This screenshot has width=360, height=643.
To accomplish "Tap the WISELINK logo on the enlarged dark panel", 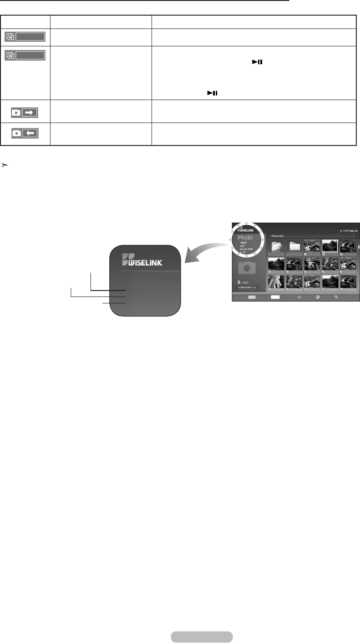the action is (x=145, y=261).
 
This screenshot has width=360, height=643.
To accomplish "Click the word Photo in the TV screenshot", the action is (x=245, y=238).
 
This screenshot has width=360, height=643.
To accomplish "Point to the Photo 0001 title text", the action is (x=278, y=235).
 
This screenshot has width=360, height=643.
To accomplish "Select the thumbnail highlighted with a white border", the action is (x=330, y=246).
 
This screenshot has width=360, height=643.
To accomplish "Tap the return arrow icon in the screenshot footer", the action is (x=336, y=297).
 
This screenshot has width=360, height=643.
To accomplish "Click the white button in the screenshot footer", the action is (x=275, y=297).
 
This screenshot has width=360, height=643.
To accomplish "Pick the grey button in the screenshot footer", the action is (x=252, y=297).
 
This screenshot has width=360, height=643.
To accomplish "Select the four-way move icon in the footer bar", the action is (x=299, y=297).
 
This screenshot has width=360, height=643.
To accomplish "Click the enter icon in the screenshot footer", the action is (x=317, y=297).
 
